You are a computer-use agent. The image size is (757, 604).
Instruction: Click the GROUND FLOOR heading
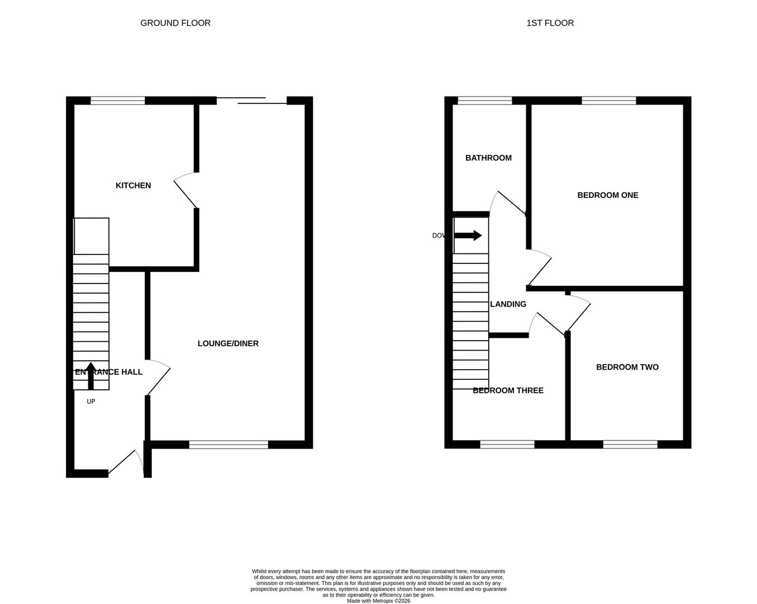tap(175, 23)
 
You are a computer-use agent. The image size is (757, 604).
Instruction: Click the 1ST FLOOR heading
tap(550, 23)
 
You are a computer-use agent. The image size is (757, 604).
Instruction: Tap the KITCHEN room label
tap(133, 186)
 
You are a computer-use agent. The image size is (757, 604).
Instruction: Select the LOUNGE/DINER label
tap(228, 343)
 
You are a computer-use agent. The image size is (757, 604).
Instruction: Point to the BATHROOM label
tap(488, 158)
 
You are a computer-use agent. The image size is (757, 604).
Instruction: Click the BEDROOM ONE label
tap(607, 195)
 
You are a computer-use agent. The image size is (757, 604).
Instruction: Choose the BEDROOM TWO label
tap(627, 367)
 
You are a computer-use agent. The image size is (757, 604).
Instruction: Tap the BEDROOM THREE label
tap(508, 390)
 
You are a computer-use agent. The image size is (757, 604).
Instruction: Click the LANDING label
tap(508, 304)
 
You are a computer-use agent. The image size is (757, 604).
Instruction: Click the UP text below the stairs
tap(91, 402)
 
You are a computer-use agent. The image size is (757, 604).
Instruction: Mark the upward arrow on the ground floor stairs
tap(91, 375)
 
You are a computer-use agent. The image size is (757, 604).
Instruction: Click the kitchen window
tap(118, 101)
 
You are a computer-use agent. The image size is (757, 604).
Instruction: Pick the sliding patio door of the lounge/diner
tap(251, 101)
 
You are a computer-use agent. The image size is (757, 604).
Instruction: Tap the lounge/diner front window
tap(228, 445)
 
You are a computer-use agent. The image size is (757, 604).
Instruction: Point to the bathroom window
tap(484, 101)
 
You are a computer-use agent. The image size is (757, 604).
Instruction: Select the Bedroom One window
tap(608, 101)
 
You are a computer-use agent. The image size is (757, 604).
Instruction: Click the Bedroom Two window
tap(630, 445)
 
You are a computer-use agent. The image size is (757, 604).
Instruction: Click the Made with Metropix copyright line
tap(378, 601)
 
